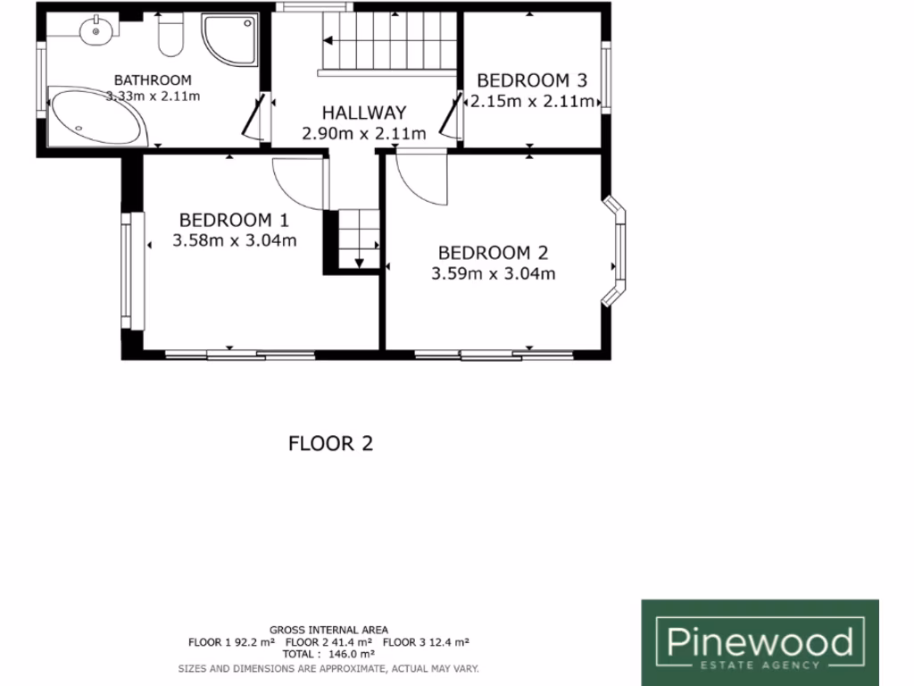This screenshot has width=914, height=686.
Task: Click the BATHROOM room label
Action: point(154,79)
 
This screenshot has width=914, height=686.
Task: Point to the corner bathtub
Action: point(94,119)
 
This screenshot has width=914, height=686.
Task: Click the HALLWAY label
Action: point(364,113)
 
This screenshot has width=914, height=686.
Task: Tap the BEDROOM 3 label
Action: point(532,79)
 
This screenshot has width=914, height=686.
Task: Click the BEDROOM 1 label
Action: point(235,220)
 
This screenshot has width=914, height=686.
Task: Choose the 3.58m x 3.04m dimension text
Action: point(235,240)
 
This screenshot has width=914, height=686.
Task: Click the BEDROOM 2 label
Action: point(494,253)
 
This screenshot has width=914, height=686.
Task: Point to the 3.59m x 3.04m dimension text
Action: point(494,274)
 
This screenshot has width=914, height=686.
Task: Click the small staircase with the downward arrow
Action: point(359,237)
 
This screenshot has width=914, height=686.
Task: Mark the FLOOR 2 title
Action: point(330,443)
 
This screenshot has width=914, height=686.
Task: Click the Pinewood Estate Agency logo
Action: point(760,642)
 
